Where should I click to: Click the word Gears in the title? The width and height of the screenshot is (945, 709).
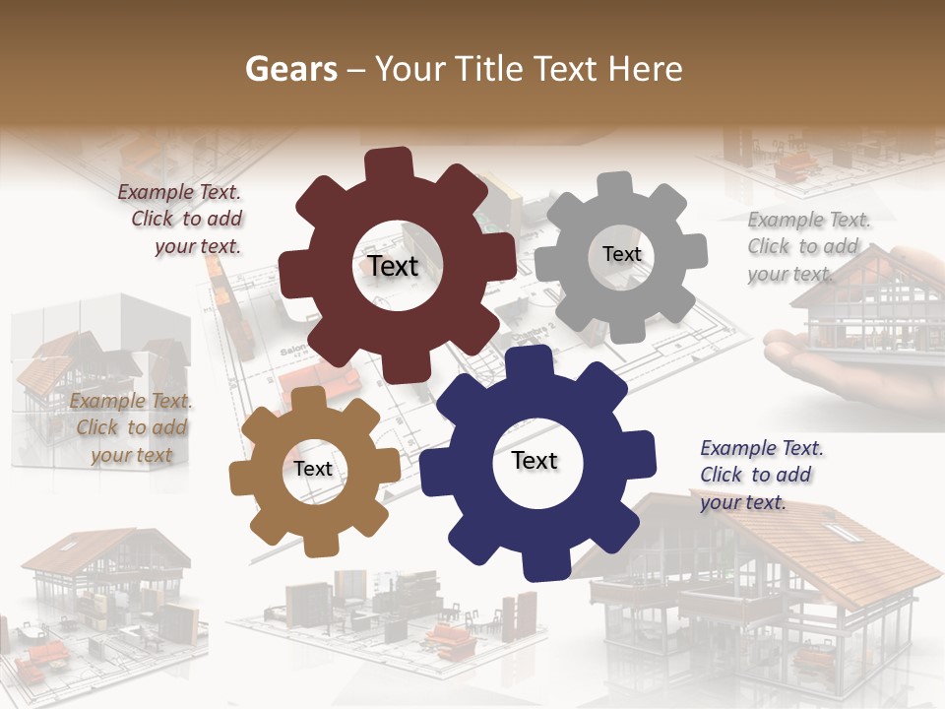tap(290, 69)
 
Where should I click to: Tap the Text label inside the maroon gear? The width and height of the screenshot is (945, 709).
tap(393, 266)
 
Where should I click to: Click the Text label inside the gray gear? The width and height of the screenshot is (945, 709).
tap(621, 254)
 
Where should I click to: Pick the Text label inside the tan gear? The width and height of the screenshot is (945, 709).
tap(313, 469)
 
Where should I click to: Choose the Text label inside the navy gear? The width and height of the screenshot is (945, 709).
tap(535, 461)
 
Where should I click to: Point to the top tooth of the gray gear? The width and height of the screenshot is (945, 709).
tap(615, 186)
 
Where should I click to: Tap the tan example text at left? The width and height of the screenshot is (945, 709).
tap(131, 427)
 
